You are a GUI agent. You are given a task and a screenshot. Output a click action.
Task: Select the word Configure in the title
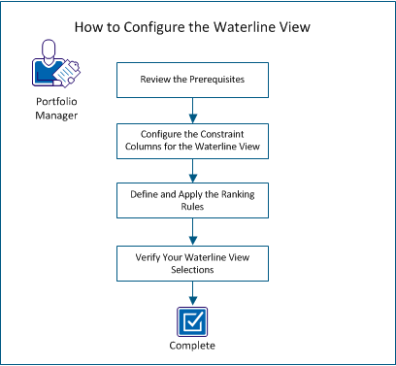[x=169, y=26]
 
